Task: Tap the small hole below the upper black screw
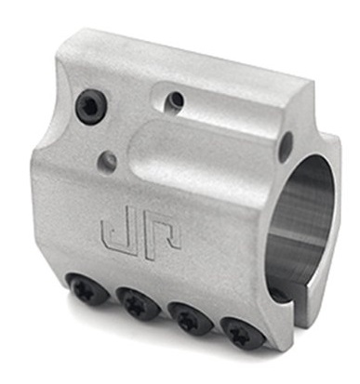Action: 107,159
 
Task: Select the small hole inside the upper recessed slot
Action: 175,100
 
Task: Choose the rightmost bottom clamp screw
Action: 243,334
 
